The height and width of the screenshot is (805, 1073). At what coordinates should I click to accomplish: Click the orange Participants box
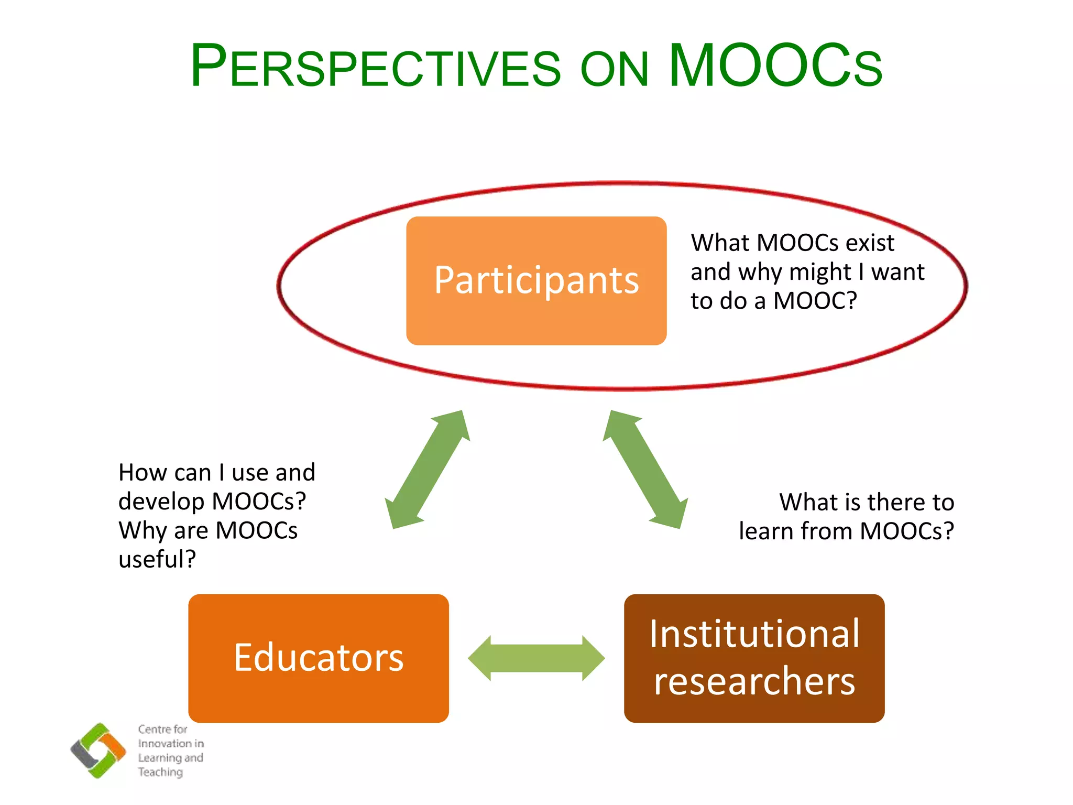pos(536,280)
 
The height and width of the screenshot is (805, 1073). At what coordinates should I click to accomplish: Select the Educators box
pos(318,658)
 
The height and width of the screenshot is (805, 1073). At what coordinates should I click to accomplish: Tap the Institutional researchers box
pos(754,658)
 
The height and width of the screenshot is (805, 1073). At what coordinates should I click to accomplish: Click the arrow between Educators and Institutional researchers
pos(536,658)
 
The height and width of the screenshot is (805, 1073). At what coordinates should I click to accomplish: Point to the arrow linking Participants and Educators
pos(427,470)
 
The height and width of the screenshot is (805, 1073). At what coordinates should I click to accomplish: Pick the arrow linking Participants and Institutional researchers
pos(645,470)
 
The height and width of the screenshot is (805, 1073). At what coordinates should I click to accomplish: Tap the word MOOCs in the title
pos(775,66)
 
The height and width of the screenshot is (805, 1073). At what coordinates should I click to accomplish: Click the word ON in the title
pos(615,70)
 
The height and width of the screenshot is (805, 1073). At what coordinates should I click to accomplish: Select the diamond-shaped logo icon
pos(98,750)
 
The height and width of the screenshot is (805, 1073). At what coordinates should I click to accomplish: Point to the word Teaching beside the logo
pos(160,772)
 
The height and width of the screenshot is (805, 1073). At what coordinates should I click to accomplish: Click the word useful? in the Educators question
pos(157,559)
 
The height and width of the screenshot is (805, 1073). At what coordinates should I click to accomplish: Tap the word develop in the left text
pos(161,502)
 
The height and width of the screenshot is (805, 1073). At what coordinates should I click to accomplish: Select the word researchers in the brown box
pos(754,681)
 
